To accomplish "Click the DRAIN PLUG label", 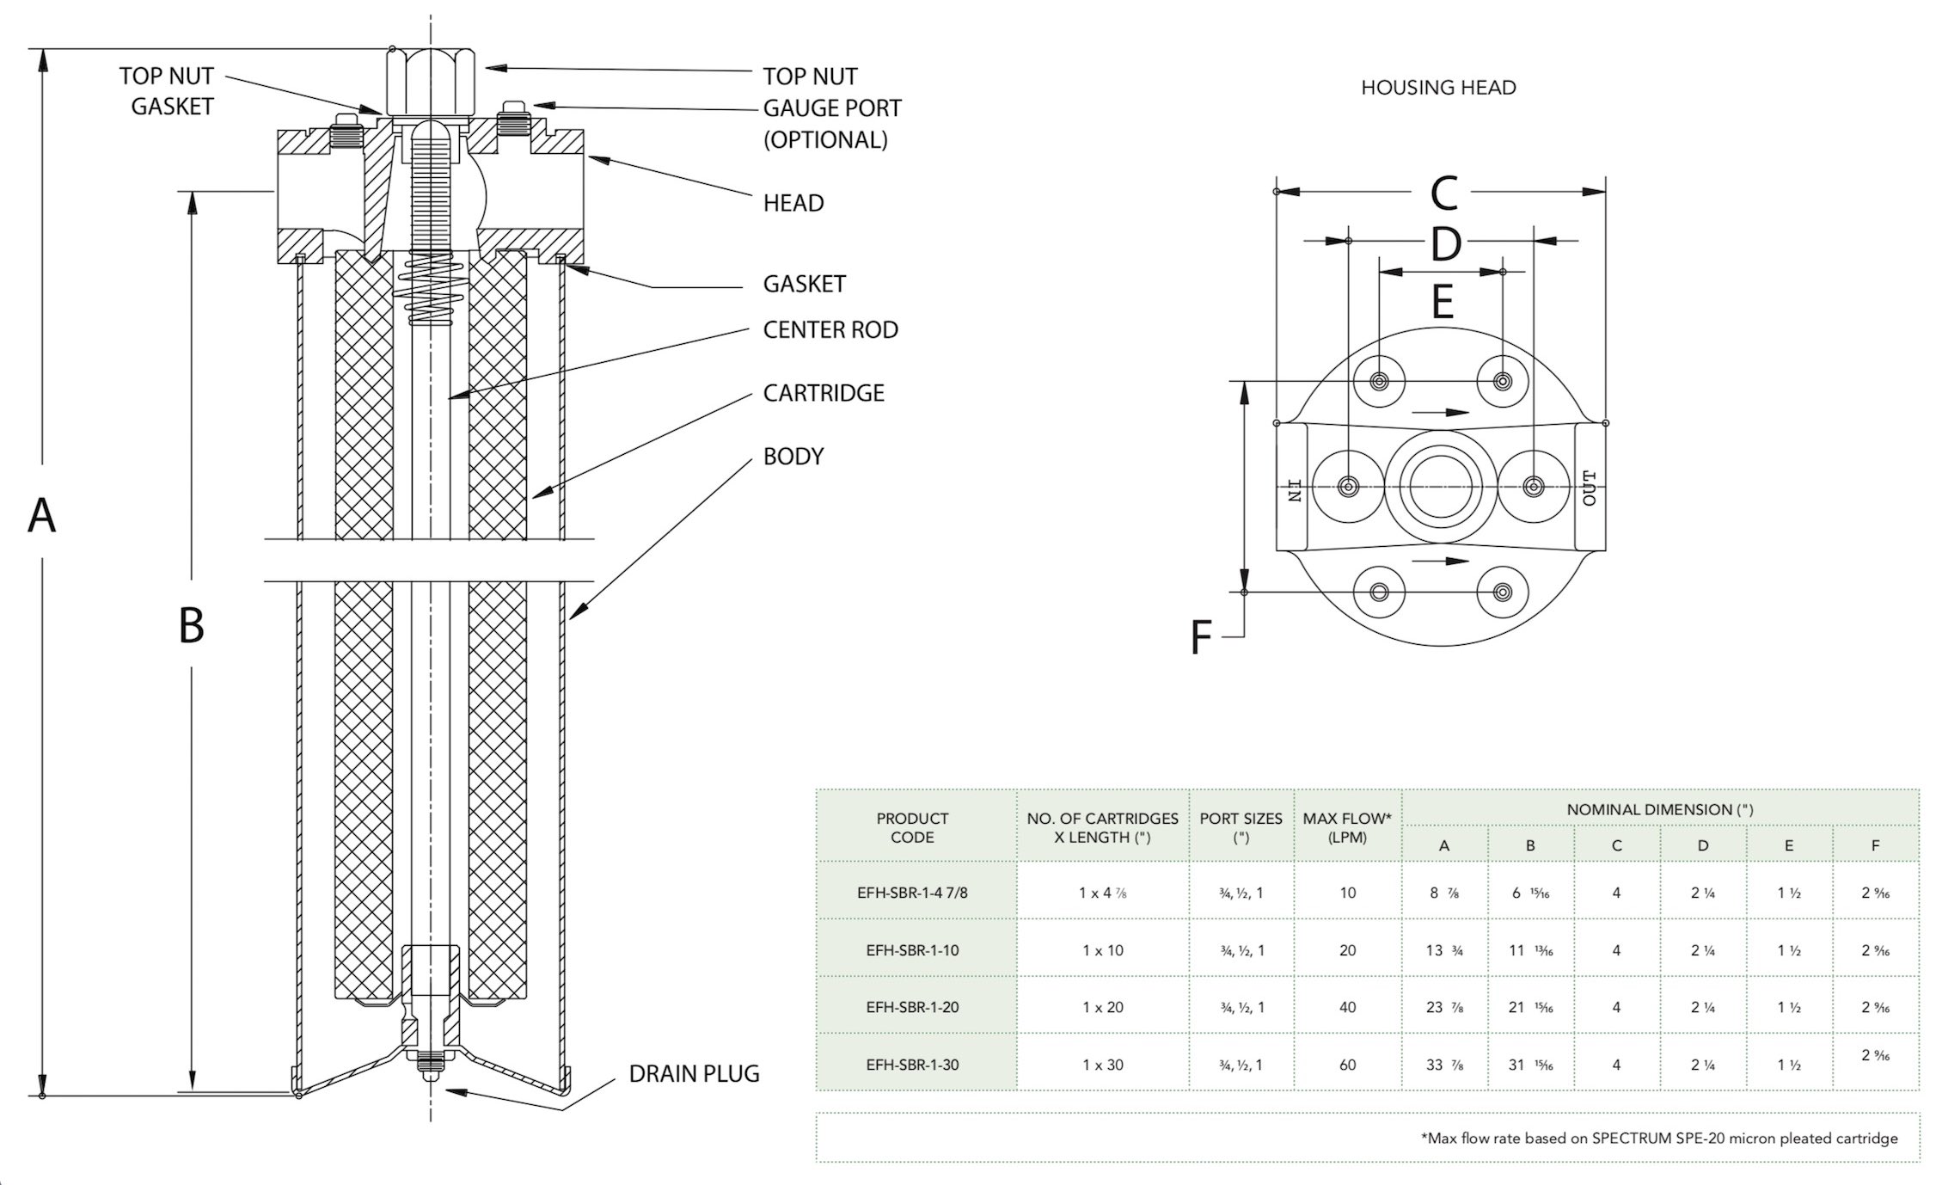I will [x=694, y=1073].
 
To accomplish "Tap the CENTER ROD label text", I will [x=830, y=329].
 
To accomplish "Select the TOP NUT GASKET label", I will [x=167, y=91].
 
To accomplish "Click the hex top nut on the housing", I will [x=430, y=81].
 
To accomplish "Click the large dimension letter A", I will [x=41, y=515].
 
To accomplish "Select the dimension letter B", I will [x=191, y=625].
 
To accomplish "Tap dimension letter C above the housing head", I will [x=1443, y=193].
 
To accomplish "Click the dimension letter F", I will [x=1200, y=638].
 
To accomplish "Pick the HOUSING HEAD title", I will [x=1438, y=88].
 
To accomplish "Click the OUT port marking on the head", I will [x=1590, y=488].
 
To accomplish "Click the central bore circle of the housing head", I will [x=1437, y=487].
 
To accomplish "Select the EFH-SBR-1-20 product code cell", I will [x=912, y=1007].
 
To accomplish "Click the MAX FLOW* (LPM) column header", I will [x=1346, y=827].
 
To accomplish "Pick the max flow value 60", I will [x=1347, y=1065].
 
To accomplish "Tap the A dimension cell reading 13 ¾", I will [x=1444, y=950].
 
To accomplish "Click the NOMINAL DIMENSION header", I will [x=1659, y=809].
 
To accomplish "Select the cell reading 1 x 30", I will [x=1102, y=1065].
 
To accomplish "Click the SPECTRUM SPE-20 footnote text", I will [x=1658, y=1139].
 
